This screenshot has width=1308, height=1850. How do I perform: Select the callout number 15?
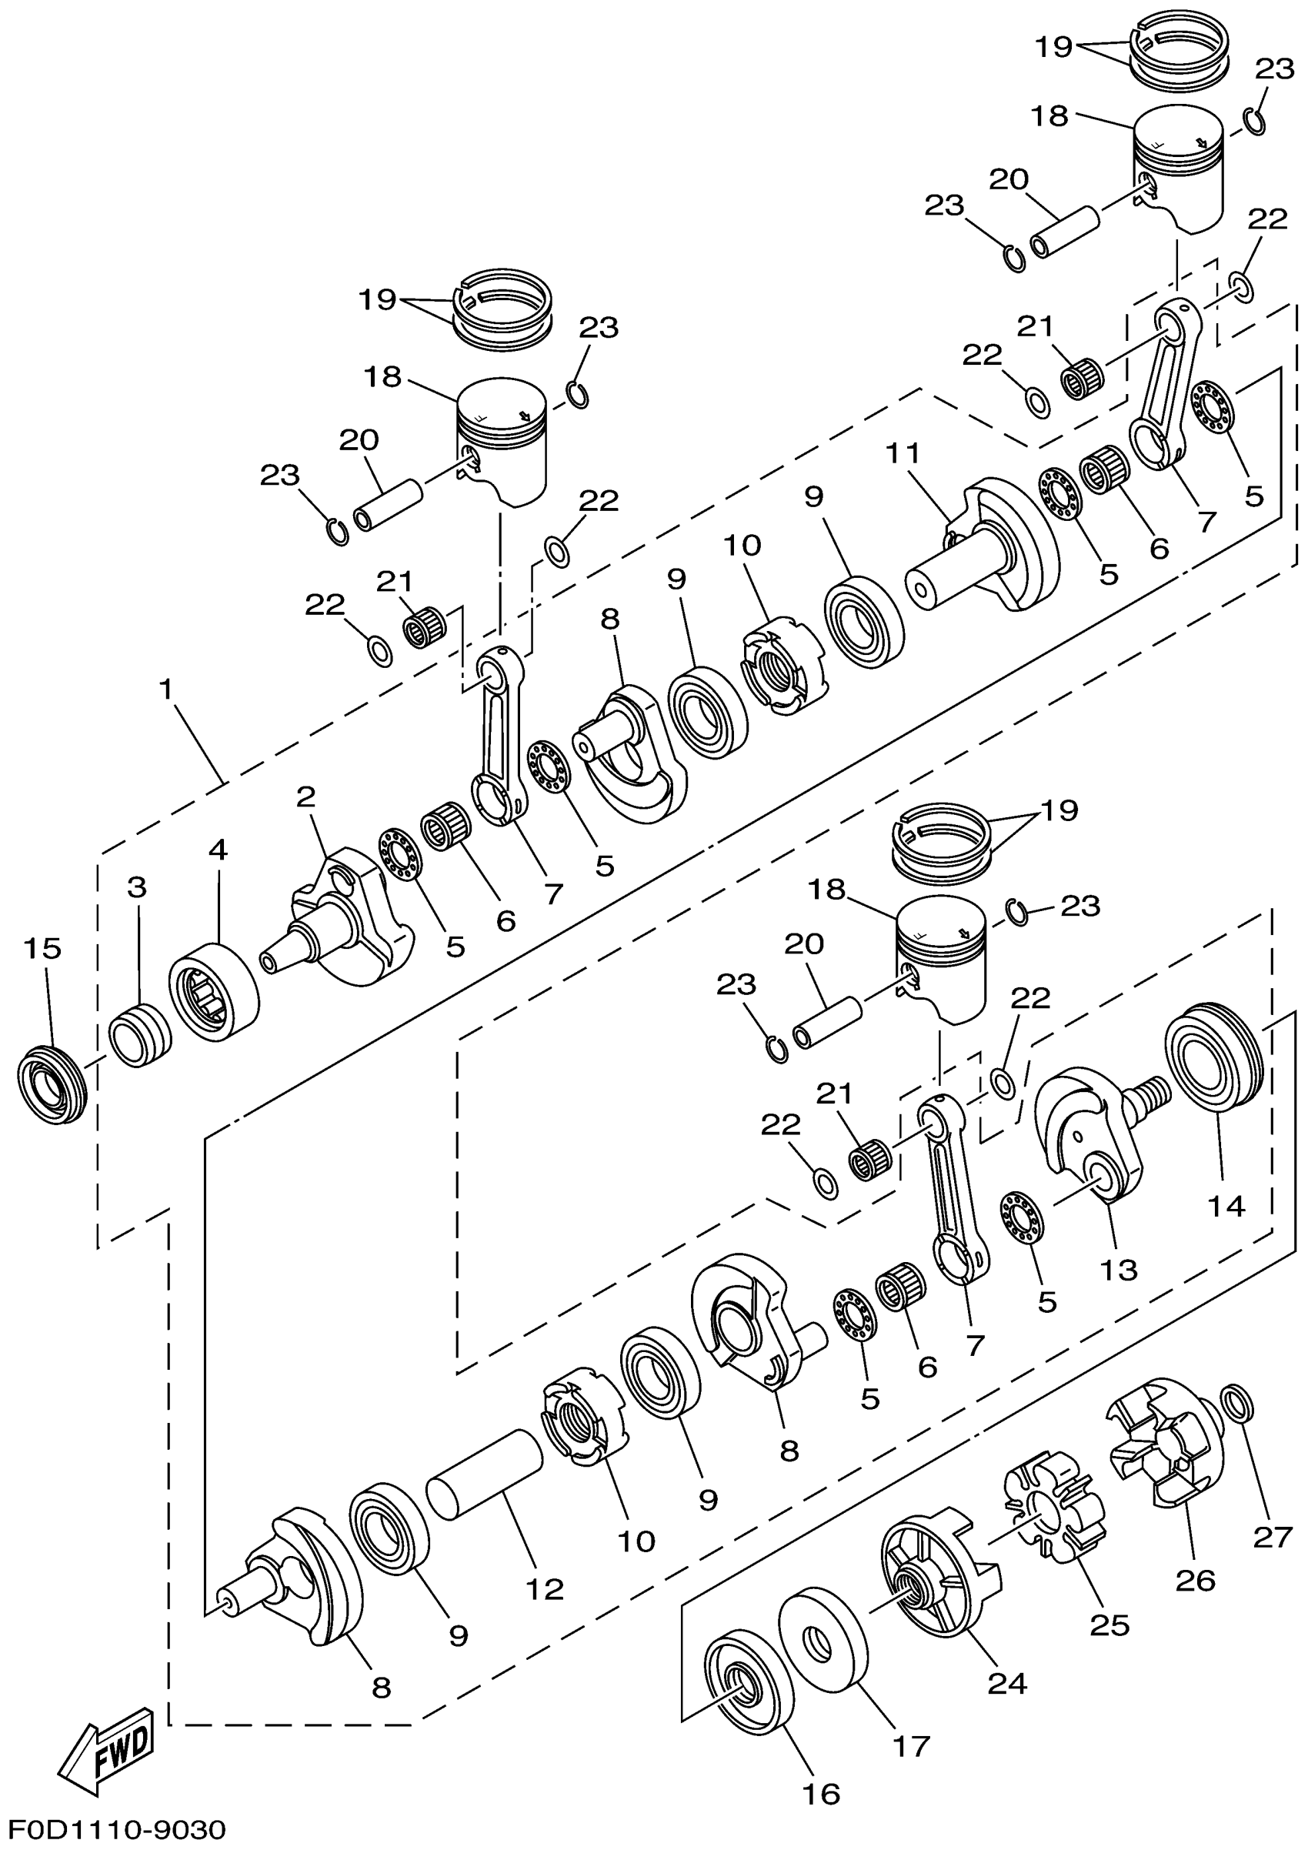click(42, 948)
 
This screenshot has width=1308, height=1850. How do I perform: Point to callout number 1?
click(166, 690)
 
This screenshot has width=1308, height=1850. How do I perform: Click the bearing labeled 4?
click(213, 993)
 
